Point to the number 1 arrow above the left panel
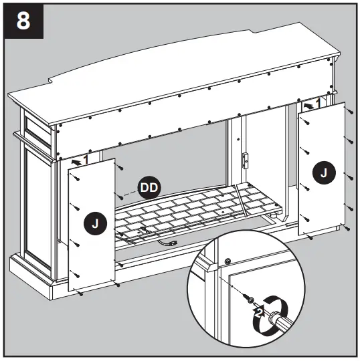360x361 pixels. coord(80,161)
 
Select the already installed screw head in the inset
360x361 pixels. coord(228,261)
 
